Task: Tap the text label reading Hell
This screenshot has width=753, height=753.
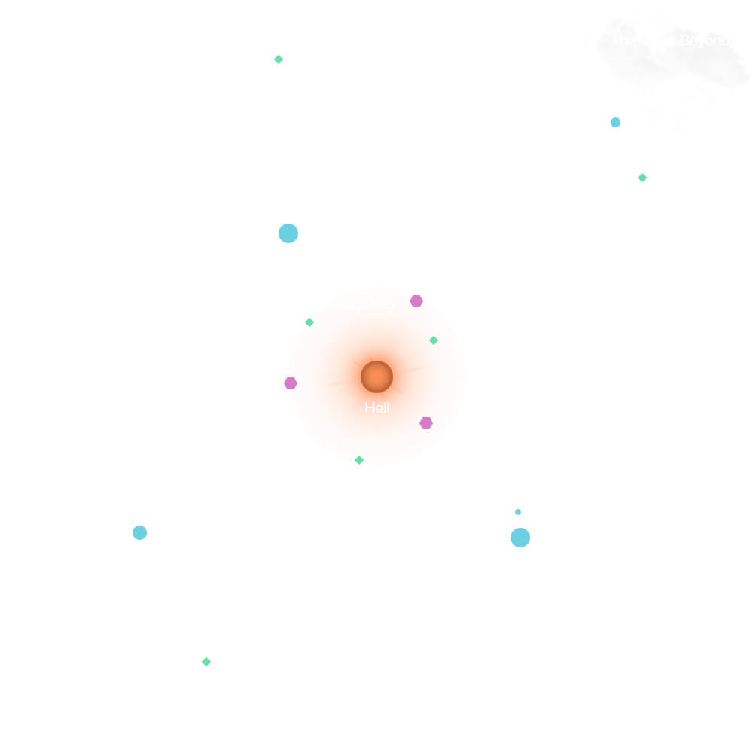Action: point(377,408)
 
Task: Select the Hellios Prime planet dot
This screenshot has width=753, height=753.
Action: point(288,233)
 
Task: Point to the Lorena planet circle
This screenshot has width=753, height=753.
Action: point(520,538)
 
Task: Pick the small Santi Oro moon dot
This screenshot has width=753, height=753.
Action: point(518,512)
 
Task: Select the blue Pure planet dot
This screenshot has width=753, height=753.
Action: point(616,122)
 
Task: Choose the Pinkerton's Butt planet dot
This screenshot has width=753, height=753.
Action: point(139,533)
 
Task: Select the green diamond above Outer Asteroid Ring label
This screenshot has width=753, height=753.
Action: point(279,59)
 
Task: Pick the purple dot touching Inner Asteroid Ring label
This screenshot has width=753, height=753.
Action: point(416,301)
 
